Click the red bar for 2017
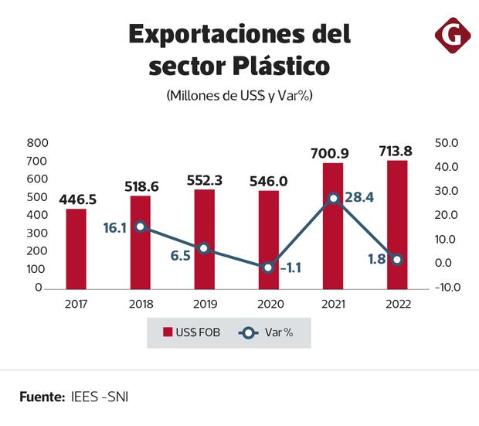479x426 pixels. (x=76, y=248)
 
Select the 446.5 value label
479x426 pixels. (x=76, y=199)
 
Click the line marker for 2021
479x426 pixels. (x=333, y=199)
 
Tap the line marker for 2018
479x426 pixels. (x=140, y=227)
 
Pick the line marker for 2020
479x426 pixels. (x=268, y=268)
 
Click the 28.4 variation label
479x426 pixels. (x=359, y=198)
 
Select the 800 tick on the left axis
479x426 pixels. (x=36, y=143)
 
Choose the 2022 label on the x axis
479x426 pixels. (x=397, y=304)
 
